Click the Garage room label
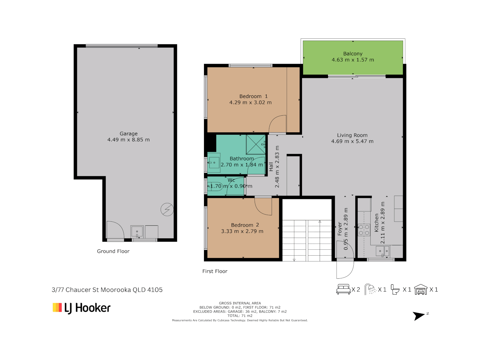(x=128, y=134)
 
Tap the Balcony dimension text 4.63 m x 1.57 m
(x=353, y=60)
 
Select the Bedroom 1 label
(x=253, y=96)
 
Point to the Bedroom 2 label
(x=245, y=225)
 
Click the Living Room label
(x=352, y=135)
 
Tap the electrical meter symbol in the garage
(x=167, y=209)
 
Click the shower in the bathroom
(x=256, y=144)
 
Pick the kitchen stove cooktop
(x=364, y=230)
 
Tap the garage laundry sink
(x=137, y=231)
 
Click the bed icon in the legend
(x=343, y=289)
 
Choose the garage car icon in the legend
(x=421, y=290)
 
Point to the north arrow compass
(x=419, y=316)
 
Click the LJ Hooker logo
(x=82, y=308)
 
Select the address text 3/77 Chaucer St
(x=107, y=290)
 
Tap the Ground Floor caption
(x=113, y=251)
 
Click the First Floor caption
(x=215, y=271)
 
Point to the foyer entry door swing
(x=345, y=269)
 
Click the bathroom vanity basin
(x=214, y=163)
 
